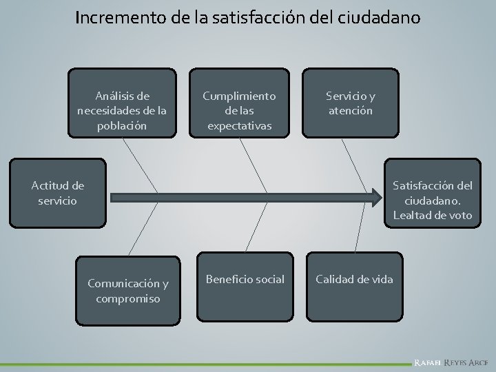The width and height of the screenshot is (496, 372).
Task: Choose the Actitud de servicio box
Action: (58, 193)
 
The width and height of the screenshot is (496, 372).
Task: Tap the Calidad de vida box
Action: (355, 278)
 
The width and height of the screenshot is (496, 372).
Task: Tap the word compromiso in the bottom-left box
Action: (127, 298)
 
